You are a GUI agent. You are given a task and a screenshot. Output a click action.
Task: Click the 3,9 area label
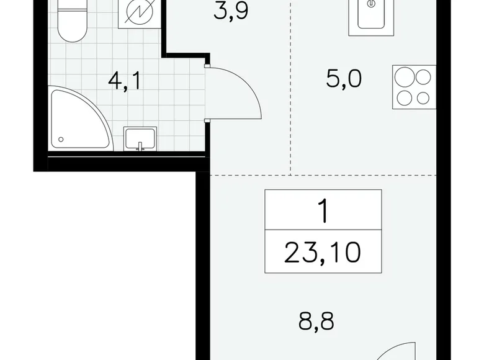point(231,12)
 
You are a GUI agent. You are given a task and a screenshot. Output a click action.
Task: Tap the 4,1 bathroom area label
point(124,81)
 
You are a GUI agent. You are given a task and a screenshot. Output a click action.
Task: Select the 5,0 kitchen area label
point(344,79)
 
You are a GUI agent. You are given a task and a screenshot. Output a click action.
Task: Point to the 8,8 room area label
point(316,321)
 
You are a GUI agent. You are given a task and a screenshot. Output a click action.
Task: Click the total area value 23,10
point(323,253)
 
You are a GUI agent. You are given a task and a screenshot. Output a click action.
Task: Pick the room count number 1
point(323,212)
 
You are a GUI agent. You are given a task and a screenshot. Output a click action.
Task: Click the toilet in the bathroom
point(71,21)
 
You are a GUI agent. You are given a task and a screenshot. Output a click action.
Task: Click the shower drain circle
point(61,140)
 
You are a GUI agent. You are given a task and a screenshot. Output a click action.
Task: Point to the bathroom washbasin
point(140,138)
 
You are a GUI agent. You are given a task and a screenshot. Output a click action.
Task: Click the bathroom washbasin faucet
point(140,146)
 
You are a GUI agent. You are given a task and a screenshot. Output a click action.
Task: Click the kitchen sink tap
point(372,4)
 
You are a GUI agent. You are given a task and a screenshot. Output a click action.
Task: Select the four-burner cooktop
point(415,87)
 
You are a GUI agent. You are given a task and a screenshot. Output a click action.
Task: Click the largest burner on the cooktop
point(405,77)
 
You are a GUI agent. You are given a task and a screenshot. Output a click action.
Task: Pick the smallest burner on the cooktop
point(423,99)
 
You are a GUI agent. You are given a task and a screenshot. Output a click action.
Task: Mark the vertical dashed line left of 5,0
point(291,88)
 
